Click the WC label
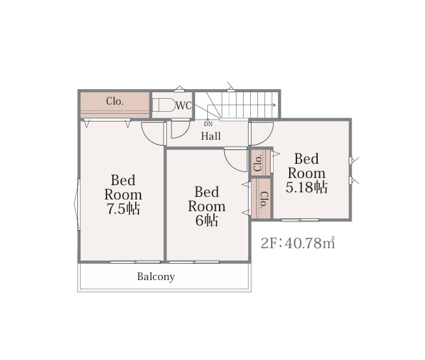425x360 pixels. (x=184, y=105)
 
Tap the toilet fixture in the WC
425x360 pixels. (x=164, y=105)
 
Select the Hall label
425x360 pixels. (x=211, y=136)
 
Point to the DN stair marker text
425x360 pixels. (x=208, y=124)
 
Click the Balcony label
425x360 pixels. (x=156, y=277)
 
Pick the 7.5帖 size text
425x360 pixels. (x=123, y=209)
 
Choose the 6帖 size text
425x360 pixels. (x=207, y=220)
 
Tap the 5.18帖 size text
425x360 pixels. (x=307, y=187)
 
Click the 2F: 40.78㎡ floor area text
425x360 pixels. (x=298, y=243)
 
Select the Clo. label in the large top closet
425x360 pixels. (x=115, y=101)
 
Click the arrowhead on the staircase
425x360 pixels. (x=274, y=105)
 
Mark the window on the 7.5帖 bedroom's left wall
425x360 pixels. (x=77, y=205)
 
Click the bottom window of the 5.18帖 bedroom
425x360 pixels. (x=300, y=220)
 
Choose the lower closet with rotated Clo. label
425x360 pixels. (x=261, y=199)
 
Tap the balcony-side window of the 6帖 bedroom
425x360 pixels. (x=194, y=262)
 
